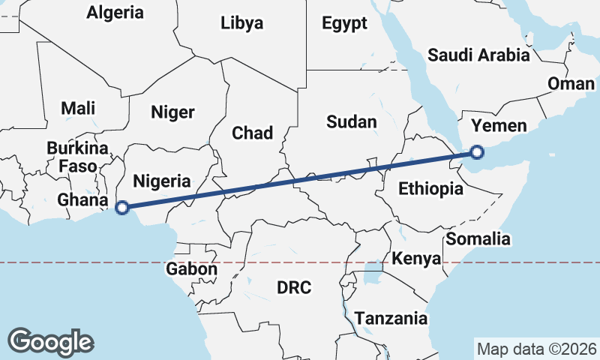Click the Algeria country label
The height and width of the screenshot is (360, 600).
point(115,12)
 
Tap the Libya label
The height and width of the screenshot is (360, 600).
point(242,23)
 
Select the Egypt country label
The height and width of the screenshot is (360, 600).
point(344,23)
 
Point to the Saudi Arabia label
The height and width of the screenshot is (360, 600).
point(478,55)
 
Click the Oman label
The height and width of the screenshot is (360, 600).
point(571,83)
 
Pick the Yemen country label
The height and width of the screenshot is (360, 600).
point(499,125)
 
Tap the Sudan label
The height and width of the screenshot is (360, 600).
point(352,121)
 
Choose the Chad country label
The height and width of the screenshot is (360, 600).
point(252,133)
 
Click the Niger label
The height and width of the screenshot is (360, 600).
point(172,112)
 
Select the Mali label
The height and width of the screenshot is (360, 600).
point(78,108)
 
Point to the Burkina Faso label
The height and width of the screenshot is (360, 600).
point(78,156)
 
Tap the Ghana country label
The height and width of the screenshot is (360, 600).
point(82,200)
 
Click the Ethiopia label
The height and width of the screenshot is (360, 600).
point(430,188)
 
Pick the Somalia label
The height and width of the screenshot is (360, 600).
point(478,239)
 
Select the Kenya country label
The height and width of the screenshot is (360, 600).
point(415,259)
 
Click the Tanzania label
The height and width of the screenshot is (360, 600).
point(391,318)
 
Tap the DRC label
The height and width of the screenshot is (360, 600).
point(293,287)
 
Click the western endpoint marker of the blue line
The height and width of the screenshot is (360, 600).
point(123,208)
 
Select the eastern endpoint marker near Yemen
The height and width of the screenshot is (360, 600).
point(476,153)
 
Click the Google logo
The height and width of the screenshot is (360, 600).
point(51,341)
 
